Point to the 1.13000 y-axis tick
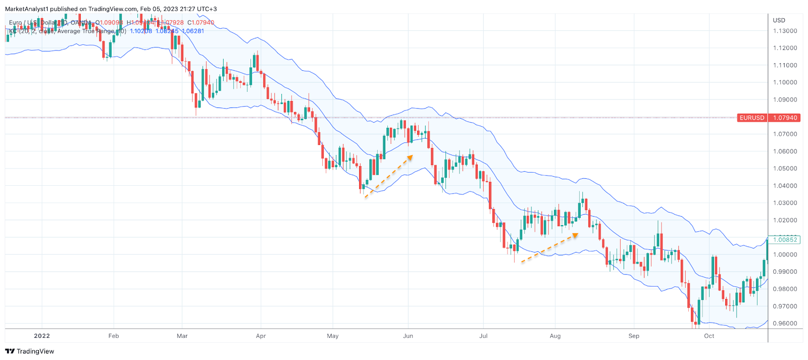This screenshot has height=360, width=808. click(x=785, y=31)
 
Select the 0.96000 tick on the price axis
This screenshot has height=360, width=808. click(x=785, y=324)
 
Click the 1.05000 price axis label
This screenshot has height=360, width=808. click(x=785, y=169)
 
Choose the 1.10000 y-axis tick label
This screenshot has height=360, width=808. click(x=785, y=82)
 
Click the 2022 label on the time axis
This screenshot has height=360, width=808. click(x=42, y=336)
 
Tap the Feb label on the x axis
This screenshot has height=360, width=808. click(x=114, y=336)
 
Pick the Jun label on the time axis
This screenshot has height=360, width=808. click(x=408, y=336)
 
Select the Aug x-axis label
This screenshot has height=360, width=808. click(x=555, y=336)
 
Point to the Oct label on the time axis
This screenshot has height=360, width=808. click(x=709, y=336)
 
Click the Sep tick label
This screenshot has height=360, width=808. click(x=634, y=336)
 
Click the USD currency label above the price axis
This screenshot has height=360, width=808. click(x=779, y=20)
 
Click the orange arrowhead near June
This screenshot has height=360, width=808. click(x=410, y=157)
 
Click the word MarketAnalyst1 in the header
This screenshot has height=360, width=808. click(x=26, y=9)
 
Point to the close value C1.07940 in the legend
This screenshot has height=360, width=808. click(x=200, y=23)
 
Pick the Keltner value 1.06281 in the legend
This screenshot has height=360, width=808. click(x=193, y=31)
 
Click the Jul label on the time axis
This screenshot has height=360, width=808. click(x=483, y=336)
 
